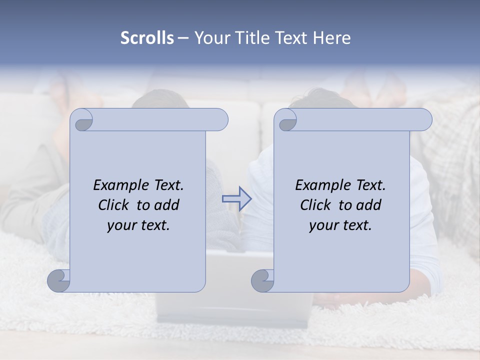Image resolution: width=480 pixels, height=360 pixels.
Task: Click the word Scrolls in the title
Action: click(147, 38)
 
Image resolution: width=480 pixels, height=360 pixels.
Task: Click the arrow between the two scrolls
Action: click(236, 198)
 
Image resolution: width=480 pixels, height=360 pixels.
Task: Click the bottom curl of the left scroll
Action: click(59, 280)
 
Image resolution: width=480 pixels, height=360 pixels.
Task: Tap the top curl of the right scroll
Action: click(286, 120)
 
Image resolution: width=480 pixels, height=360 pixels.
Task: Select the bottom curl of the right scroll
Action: click(263, 280)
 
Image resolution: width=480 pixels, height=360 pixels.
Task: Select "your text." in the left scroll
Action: click(138, 225)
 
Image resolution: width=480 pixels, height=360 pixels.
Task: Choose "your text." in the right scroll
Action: click(340, 225)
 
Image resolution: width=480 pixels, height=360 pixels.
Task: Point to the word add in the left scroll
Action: click(167, 205)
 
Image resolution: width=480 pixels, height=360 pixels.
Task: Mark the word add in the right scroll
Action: click(369, 205)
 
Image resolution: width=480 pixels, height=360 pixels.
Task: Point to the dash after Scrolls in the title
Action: click(183, 38)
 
